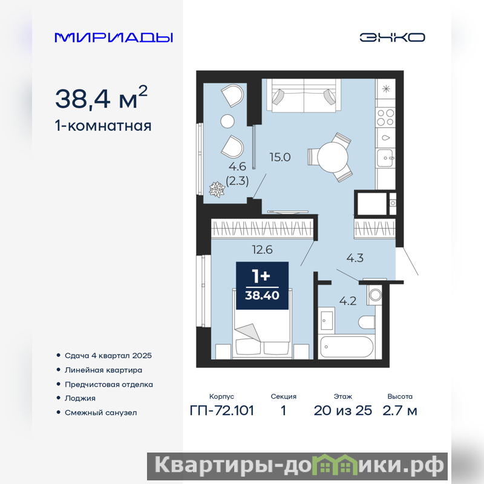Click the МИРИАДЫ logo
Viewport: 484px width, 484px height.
[114, 38]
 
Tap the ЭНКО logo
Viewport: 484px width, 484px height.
[392, 38]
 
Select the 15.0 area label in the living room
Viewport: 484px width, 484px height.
[280, 157]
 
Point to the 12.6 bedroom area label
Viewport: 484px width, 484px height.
[262, 249]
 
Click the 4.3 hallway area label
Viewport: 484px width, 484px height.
[355, 258]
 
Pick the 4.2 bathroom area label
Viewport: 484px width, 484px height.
[348, 301]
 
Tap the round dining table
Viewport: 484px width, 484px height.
[333, 157]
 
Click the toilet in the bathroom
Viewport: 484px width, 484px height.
[367, 322]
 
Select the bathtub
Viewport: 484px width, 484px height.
[347, 347]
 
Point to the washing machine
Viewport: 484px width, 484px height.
[374, 295]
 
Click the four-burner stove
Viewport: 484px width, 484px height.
[386, 117]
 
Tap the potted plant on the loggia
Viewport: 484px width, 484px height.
[217, 189]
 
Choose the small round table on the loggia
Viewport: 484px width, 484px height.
[227, 122]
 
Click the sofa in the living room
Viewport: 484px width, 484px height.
[304, 95]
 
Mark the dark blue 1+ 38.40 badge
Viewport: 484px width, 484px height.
[263, 286]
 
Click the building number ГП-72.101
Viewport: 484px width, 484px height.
[222, 411]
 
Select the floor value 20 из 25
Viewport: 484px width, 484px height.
[343, 411]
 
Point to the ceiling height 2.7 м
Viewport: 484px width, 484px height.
[400, 411]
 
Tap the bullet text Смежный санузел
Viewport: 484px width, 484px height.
[100, 413]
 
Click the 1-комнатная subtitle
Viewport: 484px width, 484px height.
[103, 126]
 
